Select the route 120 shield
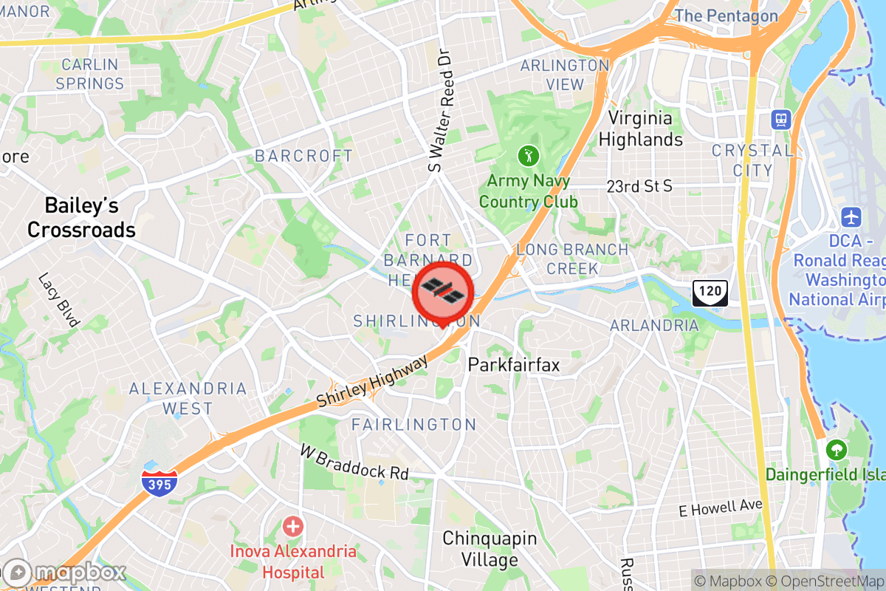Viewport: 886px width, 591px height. coord(710,293)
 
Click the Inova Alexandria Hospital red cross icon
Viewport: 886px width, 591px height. coord(293,527)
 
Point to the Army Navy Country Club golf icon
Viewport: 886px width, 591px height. coord(528,156)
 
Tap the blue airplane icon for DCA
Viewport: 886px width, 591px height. coord(851,218)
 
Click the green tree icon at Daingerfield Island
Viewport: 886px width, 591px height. coord(836,448)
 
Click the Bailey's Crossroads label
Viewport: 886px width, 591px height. coord(81,217)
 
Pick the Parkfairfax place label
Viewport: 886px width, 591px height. coord(514,365)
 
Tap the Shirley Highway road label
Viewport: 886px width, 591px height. coord(372,381)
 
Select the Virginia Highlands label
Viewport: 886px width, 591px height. coord(640,129)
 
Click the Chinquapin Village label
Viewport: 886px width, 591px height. coord(490,549)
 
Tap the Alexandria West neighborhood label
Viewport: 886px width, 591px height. coord(188,398)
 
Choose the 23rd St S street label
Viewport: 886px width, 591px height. coord(639,185)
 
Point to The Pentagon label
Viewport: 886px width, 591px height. coord(727,16)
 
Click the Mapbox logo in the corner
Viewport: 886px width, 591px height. coord(65,573)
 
